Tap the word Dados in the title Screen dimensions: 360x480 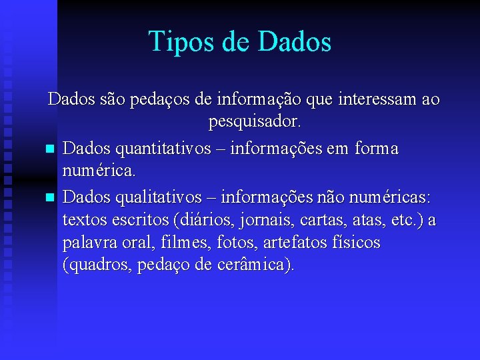pyautogui.click(x=293, y=41)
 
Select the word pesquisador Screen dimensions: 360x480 pyautogui.click(x=255, y=123)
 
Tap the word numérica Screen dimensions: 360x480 pyautogui.click(x=99, y=172)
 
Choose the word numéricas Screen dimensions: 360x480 pyautogui.click(x=393, y=197)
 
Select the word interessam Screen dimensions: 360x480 pyautogui.click(x=374, y=100)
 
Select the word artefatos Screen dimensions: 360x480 pyautogui.click(x=297, y=243)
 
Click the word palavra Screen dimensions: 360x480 pyautogui.click(x=90, y=243)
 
